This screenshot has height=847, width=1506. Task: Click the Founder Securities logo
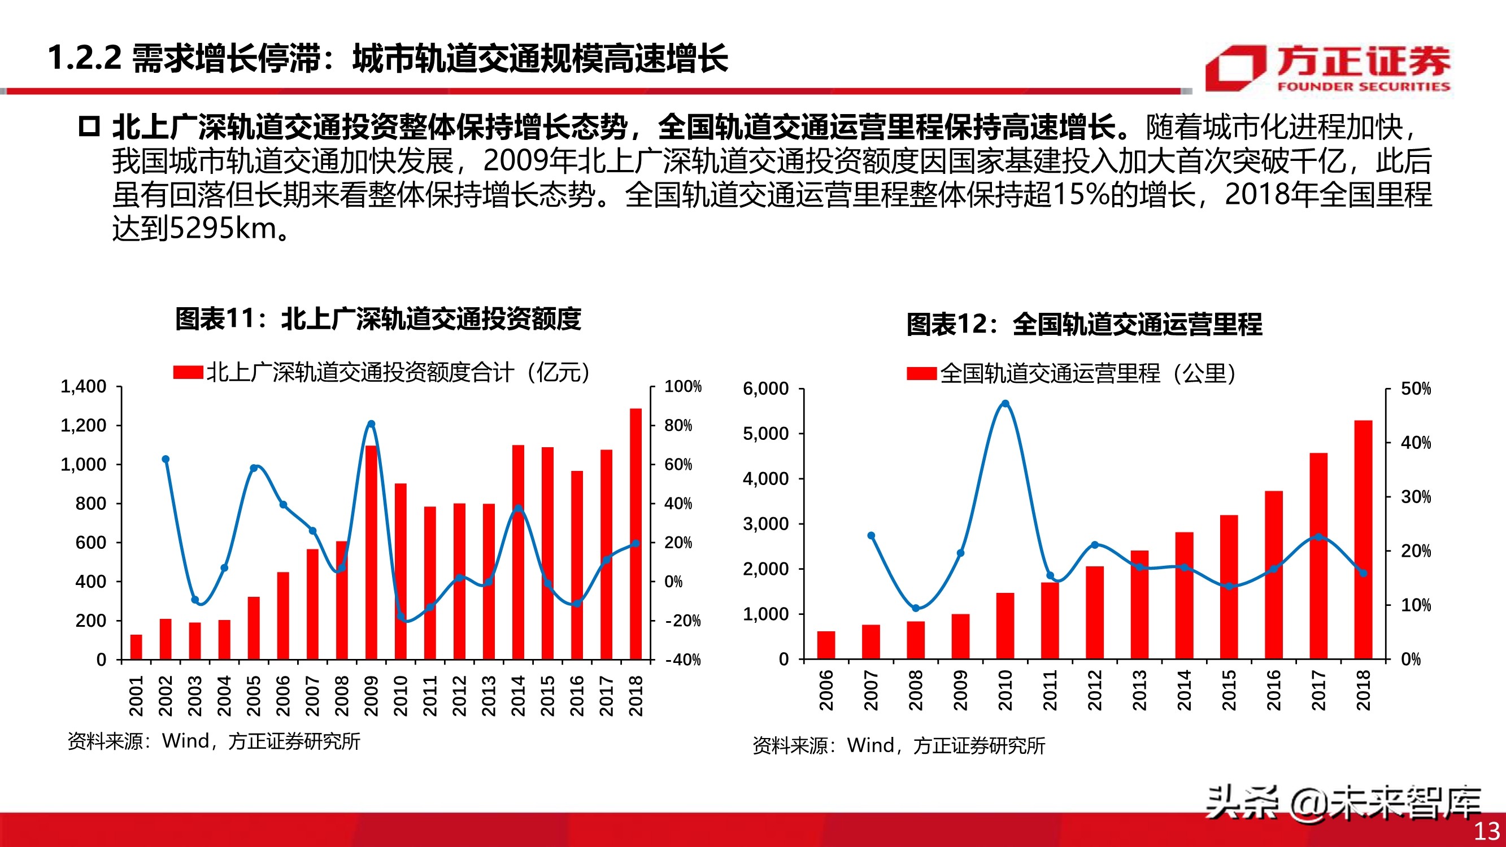[x=1327, y=68]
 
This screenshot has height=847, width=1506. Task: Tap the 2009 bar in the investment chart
[x=371, y=552]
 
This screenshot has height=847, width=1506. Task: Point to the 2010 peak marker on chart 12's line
[x=1005, y=403]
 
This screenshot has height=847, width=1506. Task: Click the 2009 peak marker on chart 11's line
[x=371, y=424]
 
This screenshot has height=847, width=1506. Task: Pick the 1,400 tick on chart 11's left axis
[x=84, y=386]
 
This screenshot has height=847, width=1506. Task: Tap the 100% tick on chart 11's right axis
[x=682, y=386]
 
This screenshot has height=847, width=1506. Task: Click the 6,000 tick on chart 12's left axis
[x=765, y=388]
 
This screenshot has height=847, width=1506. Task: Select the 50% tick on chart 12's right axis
[x=1416, y=388]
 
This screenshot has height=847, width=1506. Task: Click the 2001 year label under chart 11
[x=136, y=696]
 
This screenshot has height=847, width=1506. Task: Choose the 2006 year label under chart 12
[x=825, y=691]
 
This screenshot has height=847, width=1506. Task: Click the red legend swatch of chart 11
[x=188, y=372]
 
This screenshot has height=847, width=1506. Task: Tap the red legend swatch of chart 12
[x=921, y=373]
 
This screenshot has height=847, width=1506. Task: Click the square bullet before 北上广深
[x=89, y=127]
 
